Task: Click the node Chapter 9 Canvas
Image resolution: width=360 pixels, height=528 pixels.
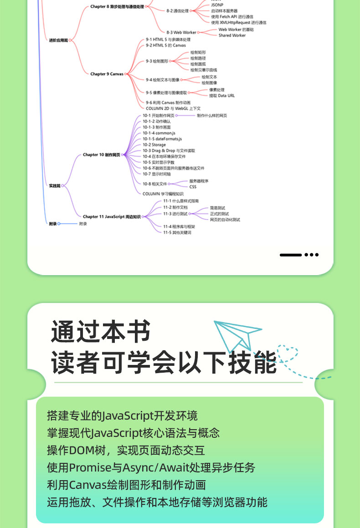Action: pos(107,74)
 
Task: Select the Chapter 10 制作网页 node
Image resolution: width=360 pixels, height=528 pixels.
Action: pos(101,155)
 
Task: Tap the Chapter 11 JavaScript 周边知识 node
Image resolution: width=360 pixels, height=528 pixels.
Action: pos(112,217)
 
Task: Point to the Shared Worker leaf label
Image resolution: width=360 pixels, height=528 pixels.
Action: pos(231,36)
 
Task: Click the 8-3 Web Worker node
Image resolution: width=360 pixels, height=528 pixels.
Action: pos(181,33)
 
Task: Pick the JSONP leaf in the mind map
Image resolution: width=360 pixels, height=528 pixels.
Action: pos(217,5)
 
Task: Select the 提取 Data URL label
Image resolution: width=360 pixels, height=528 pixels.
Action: pos(222,96)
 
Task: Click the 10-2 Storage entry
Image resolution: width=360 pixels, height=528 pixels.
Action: pos(154,145)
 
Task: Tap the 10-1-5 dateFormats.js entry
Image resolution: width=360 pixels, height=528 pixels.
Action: pos(162,138)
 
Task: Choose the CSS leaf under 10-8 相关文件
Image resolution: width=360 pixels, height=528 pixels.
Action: pos(192,187)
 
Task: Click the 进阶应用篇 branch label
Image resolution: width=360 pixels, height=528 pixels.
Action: pos(58,41)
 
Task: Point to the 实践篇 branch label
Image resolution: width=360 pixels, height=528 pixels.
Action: pos(54,186)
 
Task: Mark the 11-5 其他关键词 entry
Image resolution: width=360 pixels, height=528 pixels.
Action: pos(177,232)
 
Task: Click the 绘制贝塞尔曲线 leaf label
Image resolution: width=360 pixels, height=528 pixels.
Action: pos(203,70)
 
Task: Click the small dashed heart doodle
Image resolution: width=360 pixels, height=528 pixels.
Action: pos(288,354)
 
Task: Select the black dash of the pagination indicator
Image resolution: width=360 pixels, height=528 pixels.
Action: pos(290,255)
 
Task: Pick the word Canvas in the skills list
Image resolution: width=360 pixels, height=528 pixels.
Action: pos(87,485)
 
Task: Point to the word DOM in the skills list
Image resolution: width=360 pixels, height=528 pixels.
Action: pos(81,450)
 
